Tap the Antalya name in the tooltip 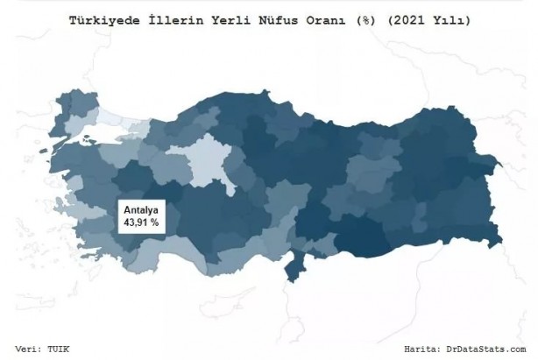[x=138, y=211]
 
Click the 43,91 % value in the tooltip [x=138, y=223]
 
